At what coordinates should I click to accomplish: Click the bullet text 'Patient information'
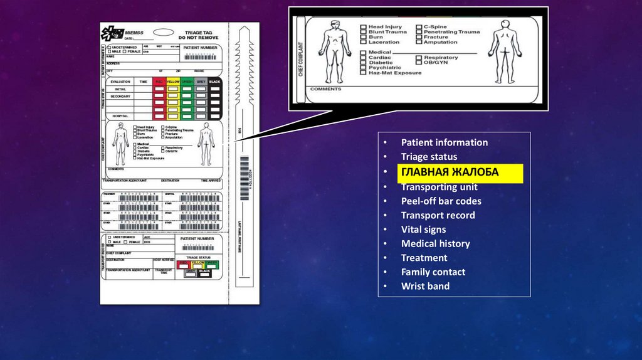(444, 142)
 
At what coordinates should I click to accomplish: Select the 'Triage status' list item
(429, 157)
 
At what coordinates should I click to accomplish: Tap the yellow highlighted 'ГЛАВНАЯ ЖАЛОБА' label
(450, 172)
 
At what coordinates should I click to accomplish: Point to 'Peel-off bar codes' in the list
(441, 201)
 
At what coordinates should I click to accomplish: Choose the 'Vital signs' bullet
(423, 230)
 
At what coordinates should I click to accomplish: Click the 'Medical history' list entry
(435, 243)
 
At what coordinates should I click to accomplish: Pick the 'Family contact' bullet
(433, 272)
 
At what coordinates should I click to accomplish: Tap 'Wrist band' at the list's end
(425, 287)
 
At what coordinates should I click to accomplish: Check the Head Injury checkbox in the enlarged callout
(363, 28)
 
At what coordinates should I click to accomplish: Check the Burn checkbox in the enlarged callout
(363, 38)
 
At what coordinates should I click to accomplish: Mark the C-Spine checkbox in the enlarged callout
(418, 28)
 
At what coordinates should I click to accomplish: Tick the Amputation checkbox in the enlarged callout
(418, 43)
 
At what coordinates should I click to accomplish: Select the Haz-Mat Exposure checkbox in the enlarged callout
(363, 73)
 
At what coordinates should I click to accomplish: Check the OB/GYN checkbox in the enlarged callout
(418, 63)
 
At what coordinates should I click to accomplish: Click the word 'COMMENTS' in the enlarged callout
(325, 90)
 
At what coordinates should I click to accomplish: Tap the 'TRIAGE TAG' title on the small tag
(197, 32)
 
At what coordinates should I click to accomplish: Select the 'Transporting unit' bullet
(439, 187)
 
